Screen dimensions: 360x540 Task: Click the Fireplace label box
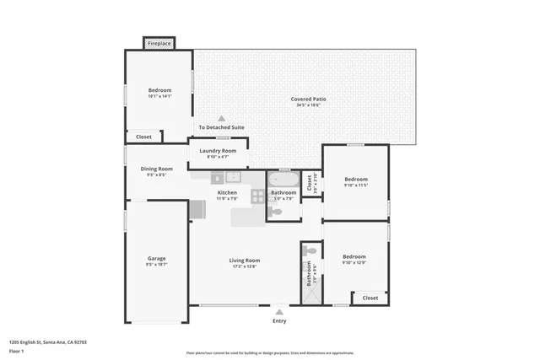[x=159, y=43]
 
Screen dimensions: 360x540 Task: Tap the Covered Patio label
[x=309, y=99]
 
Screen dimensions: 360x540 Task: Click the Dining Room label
[x=156, y=169]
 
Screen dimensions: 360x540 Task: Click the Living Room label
[x=244, y=261]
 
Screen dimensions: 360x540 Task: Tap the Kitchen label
[x=226, y=193]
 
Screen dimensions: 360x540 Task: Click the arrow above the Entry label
[x=278, y=311]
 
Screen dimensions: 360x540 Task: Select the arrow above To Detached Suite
[x=222, y=119]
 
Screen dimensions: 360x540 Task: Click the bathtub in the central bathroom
[x=283, y=179]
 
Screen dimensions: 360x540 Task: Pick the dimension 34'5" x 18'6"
[x=309, y=105]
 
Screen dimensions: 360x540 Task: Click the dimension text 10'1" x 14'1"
[x=159, y=96]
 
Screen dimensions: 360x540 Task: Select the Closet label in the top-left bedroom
[x=143, y=136]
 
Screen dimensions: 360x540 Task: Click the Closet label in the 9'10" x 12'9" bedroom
[x=370, y=298]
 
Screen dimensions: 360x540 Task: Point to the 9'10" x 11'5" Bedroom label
[x=355, y=179]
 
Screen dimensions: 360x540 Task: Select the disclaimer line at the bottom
[x=269, y=353]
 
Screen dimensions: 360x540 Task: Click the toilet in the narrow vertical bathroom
[x=310, y=251]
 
